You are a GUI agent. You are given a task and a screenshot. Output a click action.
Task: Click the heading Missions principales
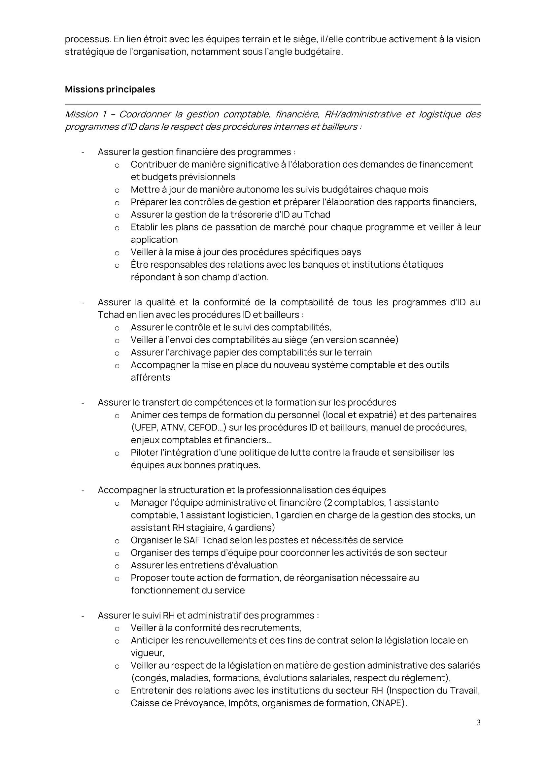[110, 89]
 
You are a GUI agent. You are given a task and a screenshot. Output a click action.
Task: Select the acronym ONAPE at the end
[387, 703]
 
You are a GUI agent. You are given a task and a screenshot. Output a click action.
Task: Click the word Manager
[150, 503]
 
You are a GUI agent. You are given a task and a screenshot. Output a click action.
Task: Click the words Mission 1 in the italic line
[85, 115]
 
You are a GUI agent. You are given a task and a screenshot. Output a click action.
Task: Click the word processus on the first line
[87, 40]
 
